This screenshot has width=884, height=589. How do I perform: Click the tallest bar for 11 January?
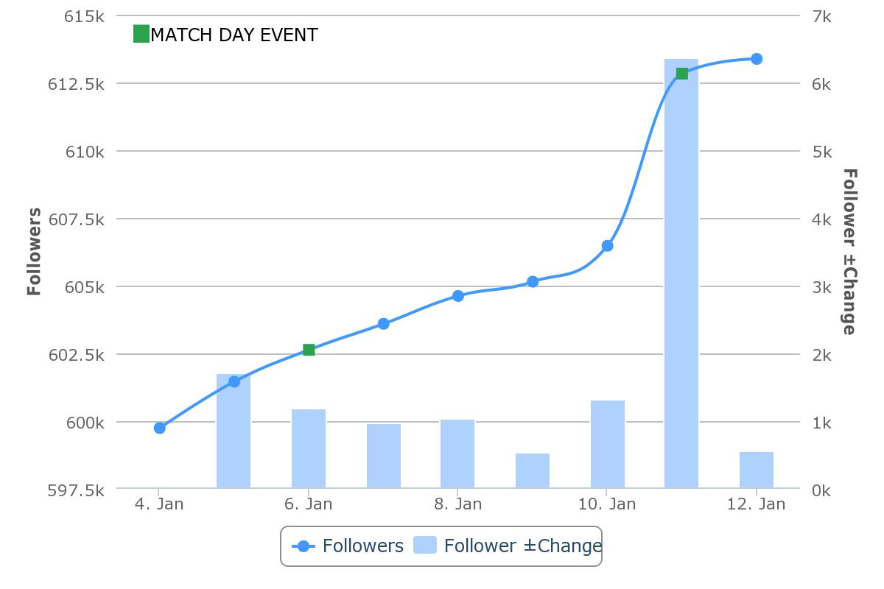[x=681, y=280]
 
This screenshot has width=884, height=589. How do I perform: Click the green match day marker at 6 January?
[x=309, y=350]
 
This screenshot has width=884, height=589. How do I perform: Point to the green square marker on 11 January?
[x=681, y=74]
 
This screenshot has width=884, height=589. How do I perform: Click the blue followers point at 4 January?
[x=159, y=428]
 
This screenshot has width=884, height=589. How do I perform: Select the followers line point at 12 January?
[x=757, y=59]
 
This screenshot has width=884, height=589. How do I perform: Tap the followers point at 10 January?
[x=607, y=246]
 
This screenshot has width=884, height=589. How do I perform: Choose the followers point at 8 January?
[x=457, y=296]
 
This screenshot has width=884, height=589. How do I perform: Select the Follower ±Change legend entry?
[x=508, y=546]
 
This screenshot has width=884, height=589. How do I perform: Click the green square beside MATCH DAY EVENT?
[x=141, y=34]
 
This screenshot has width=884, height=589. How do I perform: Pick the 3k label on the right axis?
[x=821, y=287]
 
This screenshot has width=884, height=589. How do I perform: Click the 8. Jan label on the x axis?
[x=457, y=504]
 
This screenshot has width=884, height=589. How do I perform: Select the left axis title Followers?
[x=34, y=252]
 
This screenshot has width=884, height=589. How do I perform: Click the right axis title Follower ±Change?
[x=849, y=252]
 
